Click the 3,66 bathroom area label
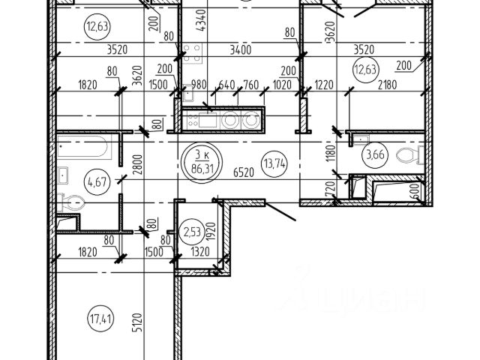point(373,157)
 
